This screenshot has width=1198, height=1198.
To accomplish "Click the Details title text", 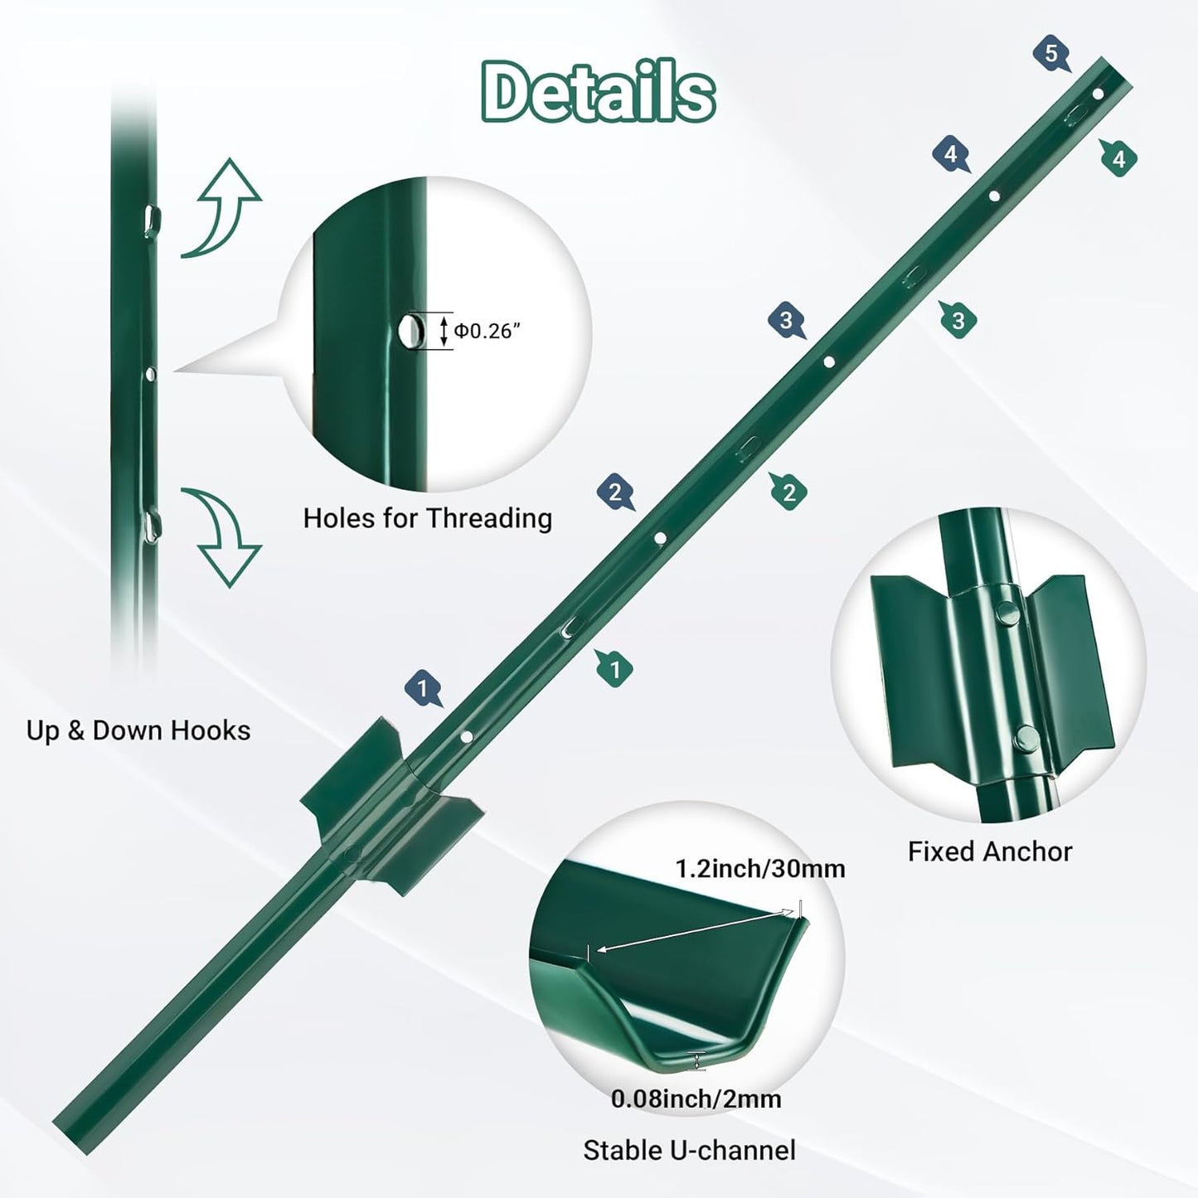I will pyautogui.click(x=598, y=91).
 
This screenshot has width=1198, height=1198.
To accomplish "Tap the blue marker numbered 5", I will pyautogui.click(x=1051, y=55).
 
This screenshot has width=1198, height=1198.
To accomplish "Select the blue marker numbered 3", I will pyautogui.click(x=786, y=320).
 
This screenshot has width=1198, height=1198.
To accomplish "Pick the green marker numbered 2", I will pyautogui.click(x=788, y=492).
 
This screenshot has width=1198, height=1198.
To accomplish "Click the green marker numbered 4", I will pyautogui.click(x=1118, y=158).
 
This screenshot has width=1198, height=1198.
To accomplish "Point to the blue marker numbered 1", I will pyautogui.click(x=423, y=688).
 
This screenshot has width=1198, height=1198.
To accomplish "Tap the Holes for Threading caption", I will pyautogui.click(x=427, y=518).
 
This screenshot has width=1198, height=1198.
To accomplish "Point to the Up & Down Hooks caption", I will pyautogui.click(x=138, y=730).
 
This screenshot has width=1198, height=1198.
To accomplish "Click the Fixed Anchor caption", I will pyautogui.click(x=989, y=851).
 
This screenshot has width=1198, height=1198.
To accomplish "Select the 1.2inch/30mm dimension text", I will pyautogui.click(x=759, y=868).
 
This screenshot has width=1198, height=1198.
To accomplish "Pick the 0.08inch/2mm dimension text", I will pyautogui.click(x=696, y=1099).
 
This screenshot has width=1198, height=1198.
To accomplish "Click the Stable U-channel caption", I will pyautogui.click(x=689, y=1150).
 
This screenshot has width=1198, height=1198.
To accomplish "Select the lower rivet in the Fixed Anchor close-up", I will pyautogui.click(x=1026, y=735).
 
